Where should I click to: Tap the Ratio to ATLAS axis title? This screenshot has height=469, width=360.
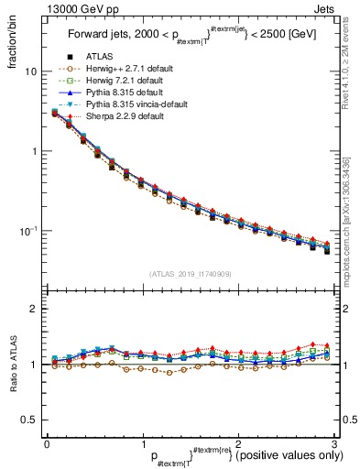13,365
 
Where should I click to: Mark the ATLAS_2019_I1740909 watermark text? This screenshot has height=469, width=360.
190,273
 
